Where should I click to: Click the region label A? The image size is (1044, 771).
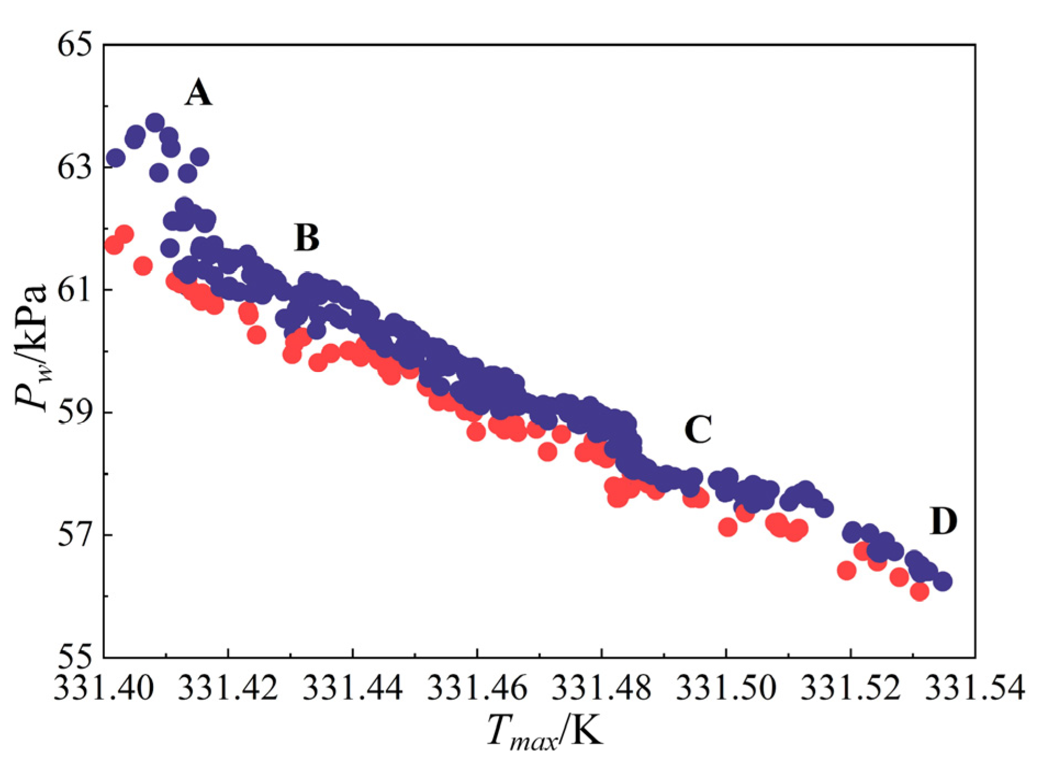point(198,92)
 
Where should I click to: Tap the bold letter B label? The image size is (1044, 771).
point(306,238)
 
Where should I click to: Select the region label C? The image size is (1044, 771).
point(698,429)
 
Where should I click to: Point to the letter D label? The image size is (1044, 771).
point(944,521)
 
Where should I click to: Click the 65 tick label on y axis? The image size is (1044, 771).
point(74,44)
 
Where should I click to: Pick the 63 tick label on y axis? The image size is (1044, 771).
point(74,167)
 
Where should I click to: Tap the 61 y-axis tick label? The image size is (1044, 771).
point(74,290)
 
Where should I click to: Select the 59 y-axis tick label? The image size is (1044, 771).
point(74,412)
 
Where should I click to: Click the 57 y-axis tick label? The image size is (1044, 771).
point(74,535)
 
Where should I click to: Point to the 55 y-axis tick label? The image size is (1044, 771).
point(74,657)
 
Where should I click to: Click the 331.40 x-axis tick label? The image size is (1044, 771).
point(104,687)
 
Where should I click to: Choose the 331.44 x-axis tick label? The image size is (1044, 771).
point(352,687)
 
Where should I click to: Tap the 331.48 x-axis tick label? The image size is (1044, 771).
point(602,687)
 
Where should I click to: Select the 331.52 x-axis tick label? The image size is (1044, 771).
point(851,687)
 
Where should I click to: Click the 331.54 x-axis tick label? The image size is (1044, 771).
point(975,687)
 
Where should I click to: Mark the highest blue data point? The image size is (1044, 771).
point(155,122)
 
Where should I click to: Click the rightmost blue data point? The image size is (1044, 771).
point(942,581)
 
